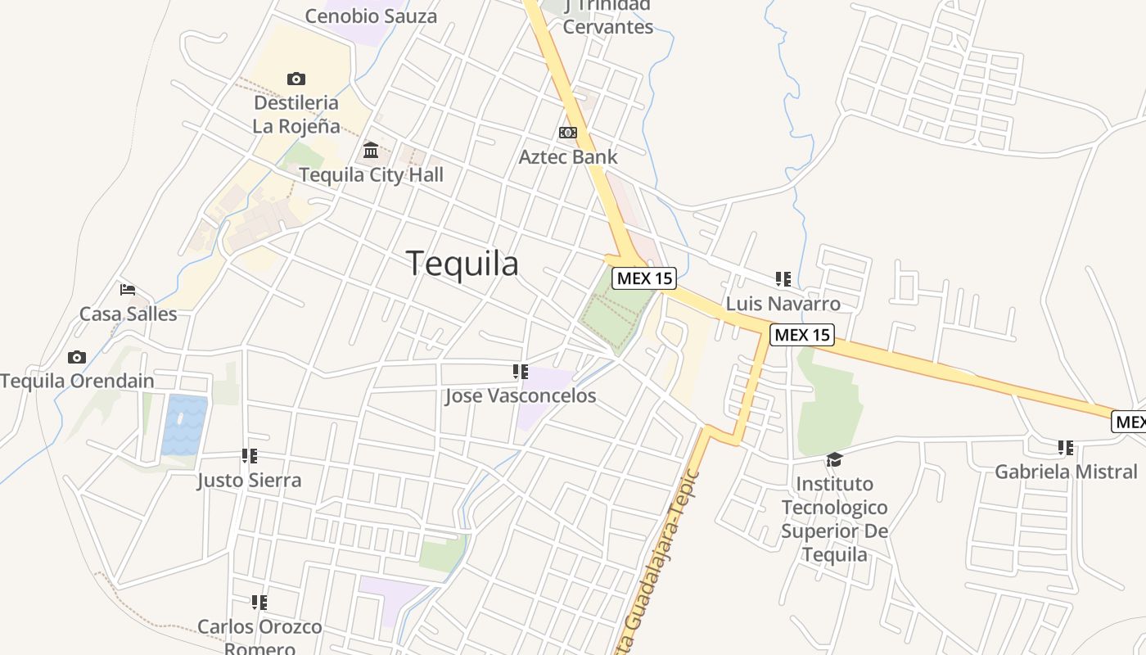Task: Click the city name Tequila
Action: (462, 264)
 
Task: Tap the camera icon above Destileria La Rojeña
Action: (296, 79)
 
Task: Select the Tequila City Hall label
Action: (371, 174)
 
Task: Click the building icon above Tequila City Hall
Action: (371, 150)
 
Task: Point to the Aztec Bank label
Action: (568, 156)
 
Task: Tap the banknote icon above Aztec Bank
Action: (567, 133)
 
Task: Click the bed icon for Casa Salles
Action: (128, 290)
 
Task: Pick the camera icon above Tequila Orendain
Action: (77, 357)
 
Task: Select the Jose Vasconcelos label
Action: (521, 396)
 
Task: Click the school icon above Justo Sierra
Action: (250, 456)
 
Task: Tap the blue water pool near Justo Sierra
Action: (184, 425)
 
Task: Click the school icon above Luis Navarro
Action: (783, 279)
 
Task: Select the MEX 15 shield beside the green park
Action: (644, 278)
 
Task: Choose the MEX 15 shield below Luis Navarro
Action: (802, 334)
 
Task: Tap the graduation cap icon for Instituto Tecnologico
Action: (834, 459)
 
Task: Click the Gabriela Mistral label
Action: (1066, 472)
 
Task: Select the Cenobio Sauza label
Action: (371, 16)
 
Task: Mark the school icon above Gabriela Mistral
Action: (1066, 448)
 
